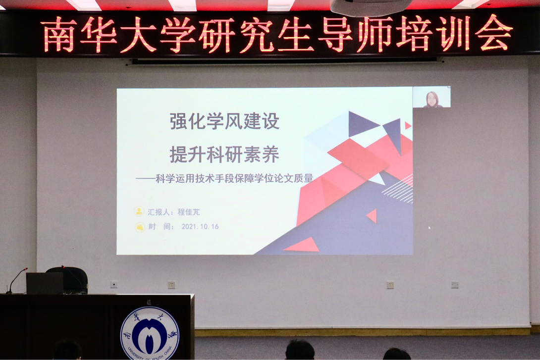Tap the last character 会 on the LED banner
click(493, 33)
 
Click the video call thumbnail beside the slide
click(432, 97)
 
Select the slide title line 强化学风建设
click(224, 121)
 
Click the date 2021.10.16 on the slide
click(200, 226)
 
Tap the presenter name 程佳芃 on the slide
click(189, 212)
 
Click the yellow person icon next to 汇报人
click(139, 211)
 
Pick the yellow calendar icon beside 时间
click(140, 227)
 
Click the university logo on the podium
click(150, 333)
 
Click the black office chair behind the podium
click(71, 279)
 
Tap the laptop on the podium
click(45, 283)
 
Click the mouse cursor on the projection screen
click(430, 228)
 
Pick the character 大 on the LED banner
click(138, 35)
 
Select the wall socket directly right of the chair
click(113, 285)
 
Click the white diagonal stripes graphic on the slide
click(399, 189)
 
